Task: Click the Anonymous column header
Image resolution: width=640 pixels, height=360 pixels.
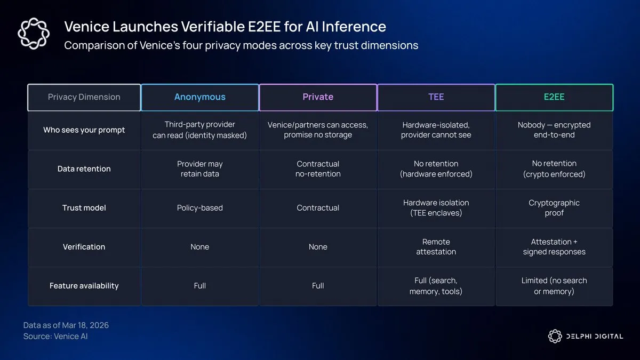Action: [x=199, y=97]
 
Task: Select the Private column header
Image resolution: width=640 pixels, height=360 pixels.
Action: [x=318, y=97]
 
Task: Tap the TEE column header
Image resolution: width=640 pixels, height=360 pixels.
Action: [x=436, y=97]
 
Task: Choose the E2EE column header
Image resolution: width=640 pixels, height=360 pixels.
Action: [x=554, y=97]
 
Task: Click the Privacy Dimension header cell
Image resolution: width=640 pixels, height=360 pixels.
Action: [x=84, y=97]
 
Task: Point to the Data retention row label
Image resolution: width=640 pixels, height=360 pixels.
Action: [x=84, y=169]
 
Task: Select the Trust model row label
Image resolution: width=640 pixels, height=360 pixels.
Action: [x=84, y=207]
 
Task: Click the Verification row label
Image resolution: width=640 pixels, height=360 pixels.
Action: [x=84, y=247]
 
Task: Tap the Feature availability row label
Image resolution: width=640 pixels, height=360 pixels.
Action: [x=84, y=286]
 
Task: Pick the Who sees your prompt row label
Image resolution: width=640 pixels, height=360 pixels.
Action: [x=84, y=130]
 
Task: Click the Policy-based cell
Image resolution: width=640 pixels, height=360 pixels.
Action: [x=199, y=207]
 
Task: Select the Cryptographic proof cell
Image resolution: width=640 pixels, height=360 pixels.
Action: [x=554, y=207]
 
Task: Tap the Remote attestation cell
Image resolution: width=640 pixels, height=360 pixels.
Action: [x=436, y=247]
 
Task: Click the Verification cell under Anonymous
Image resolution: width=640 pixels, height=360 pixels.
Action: [x=199, y=247]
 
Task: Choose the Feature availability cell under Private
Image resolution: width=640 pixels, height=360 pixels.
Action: [x=318, y=286]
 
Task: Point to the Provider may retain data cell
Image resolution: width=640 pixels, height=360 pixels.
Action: [x=199, y=169]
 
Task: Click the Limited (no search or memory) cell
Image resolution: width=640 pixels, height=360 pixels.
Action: [x=554, y=286]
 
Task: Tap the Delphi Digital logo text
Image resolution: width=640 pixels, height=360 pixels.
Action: [x=595, y=337]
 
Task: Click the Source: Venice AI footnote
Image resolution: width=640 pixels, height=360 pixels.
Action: [x=55, y=337]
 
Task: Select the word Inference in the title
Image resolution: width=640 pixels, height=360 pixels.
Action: [x=354, y=27]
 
